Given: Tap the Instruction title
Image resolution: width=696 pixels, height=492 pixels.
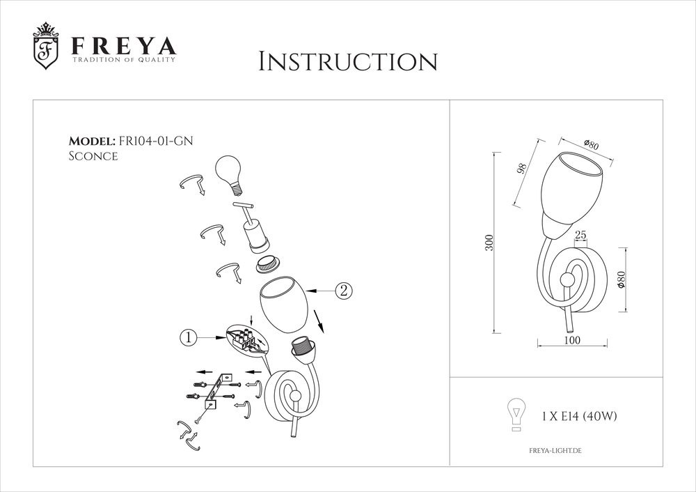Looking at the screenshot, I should click(347, 61).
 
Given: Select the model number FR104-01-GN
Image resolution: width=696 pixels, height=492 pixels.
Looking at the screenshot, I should click(157, 141).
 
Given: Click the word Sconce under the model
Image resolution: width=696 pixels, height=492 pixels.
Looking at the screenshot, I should click(93, 157).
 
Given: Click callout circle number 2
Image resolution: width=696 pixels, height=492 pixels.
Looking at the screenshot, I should click(342, 291).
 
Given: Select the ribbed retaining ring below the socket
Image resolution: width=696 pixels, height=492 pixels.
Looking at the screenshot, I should click(266, 264).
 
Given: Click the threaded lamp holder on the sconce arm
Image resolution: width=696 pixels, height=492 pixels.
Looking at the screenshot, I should click(301, 346).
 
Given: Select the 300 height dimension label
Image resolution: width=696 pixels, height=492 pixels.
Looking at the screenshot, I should click(489, 243).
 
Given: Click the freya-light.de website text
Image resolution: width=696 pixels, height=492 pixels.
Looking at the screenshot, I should click(551, 452).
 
